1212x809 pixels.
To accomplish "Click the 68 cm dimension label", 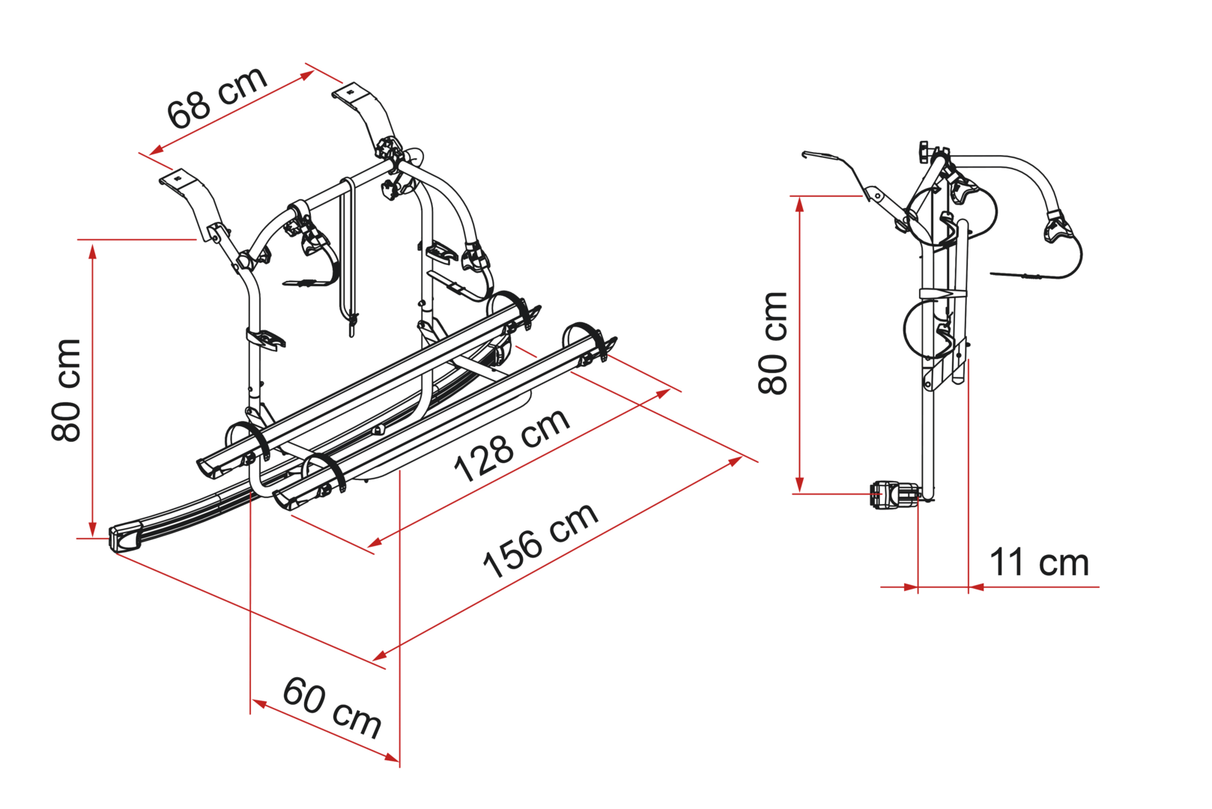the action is tap(217, 98).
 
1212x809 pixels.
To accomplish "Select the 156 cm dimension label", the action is tap(541, 540).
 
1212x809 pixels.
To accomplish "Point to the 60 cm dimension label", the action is tap(333, 707).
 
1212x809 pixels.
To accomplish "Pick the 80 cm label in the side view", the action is tap(772, 343).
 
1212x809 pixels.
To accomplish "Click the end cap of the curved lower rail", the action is tap(125, 537).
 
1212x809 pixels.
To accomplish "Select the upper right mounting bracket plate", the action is tap(354, 93).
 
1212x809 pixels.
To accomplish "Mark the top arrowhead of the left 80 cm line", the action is tap(93, 253).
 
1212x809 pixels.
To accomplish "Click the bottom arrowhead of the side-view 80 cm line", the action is tap(800, 484).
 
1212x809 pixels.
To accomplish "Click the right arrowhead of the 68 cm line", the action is tap(306, 75).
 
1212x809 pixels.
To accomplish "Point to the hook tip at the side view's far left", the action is tap(804, 155).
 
